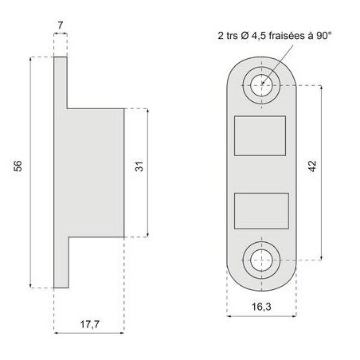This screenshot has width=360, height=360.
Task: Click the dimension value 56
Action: click(x=18, y=166)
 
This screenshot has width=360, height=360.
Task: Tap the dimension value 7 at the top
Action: click(x=61, y=25)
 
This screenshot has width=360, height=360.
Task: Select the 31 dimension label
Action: click(x=139, y=166)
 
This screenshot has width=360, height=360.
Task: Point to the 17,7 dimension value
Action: click(x=90, y=324)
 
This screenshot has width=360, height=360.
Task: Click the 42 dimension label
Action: click(x=313, y=166)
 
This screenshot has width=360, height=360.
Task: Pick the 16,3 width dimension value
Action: click(x=261, y=307)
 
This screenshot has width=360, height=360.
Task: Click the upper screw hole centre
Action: click(x=261, y=85)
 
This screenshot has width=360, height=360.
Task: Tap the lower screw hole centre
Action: click(x=261, y=260)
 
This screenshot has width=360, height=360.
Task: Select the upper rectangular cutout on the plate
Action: click(x=260, y=135)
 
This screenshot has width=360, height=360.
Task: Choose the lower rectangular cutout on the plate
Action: click(x=261, y=211)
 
